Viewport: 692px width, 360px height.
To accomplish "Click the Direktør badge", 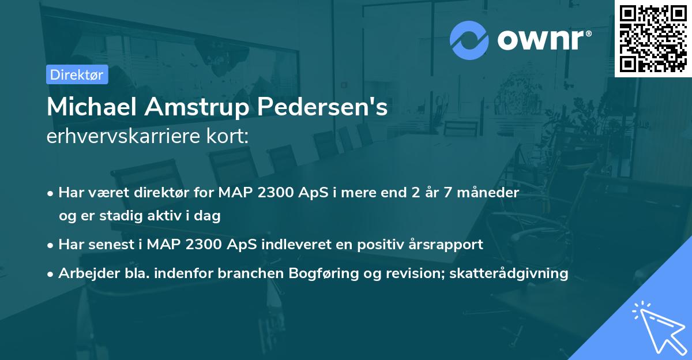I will coord(77,74).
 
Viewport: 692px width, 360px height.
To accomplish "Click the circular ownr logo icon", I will coord(469,40).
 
